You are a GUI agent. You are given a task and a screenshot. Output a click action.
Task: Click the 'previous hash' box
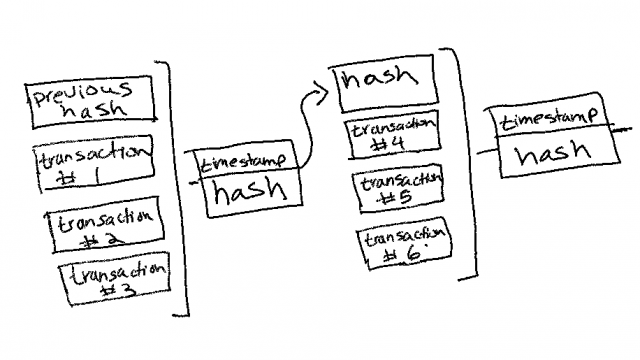pos(93,103)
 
